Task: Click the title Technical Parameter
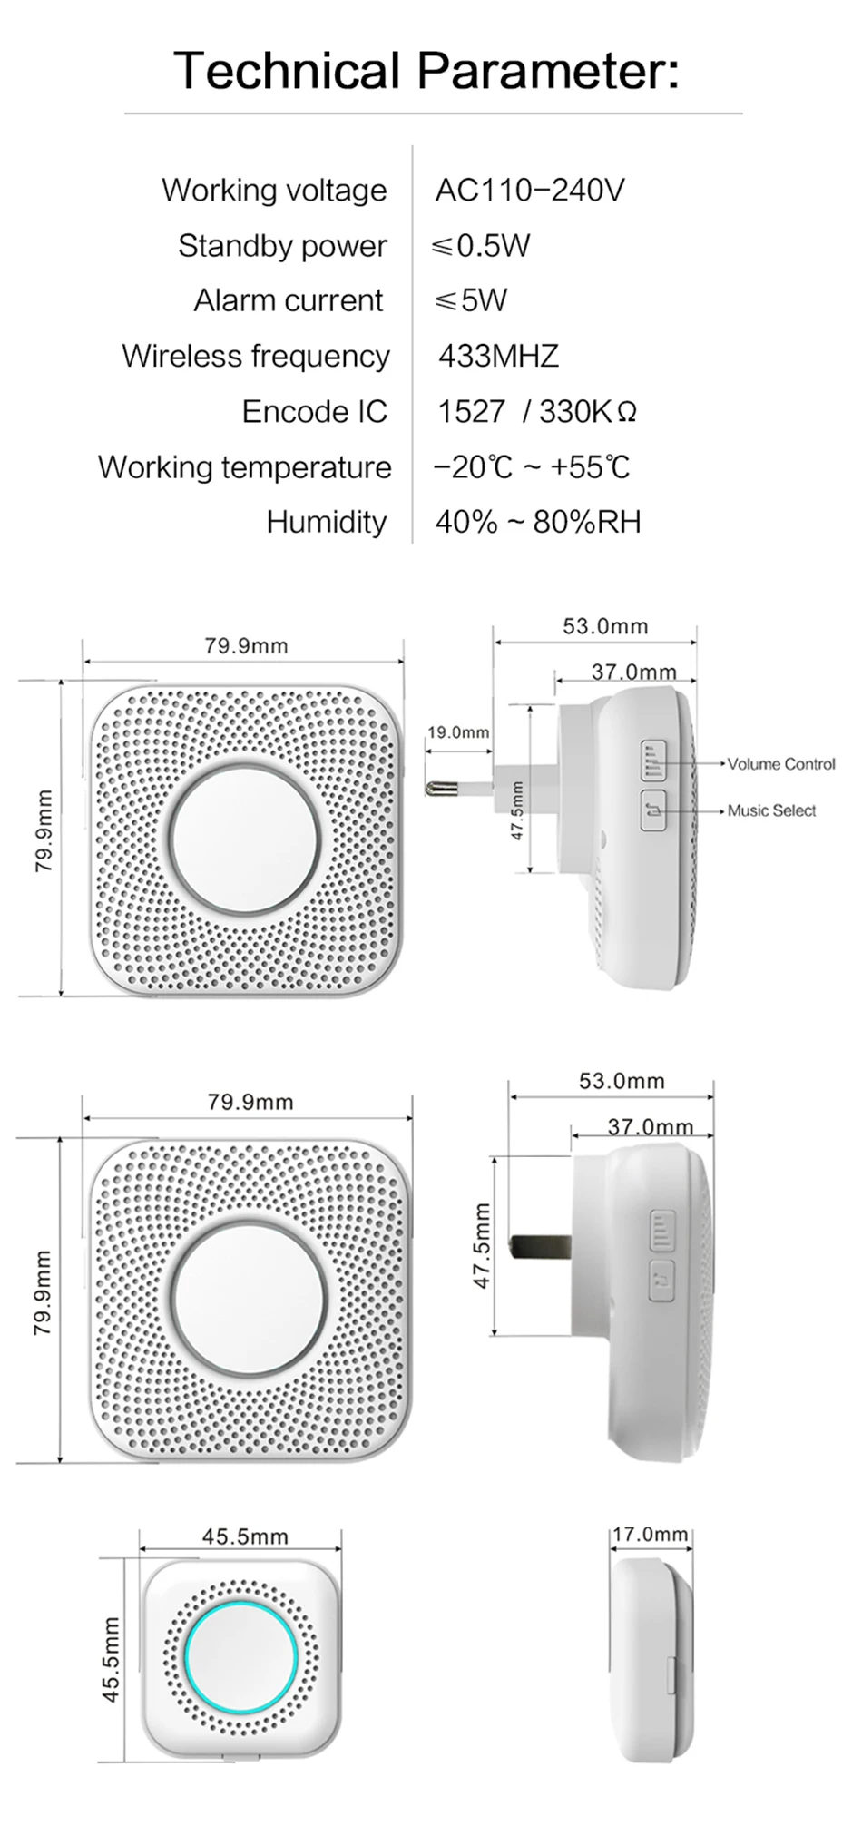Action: coord(426,70)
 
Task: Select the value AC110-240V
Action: coord(530,191)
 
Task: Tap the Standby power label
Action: coord(282,246)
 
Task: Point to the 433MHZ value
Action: coord(498,356)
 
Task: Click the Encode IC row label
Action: coord(314,411)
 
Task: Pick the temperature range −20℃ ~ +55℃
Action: coord(532,467)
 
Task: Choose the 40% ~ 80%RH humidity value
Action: coord(538,522)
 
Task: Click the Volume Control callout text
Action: coord(781,764)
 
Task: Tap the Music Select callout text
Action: coord(771,810)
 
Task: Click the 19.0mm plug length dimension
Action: coord(458,732)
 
